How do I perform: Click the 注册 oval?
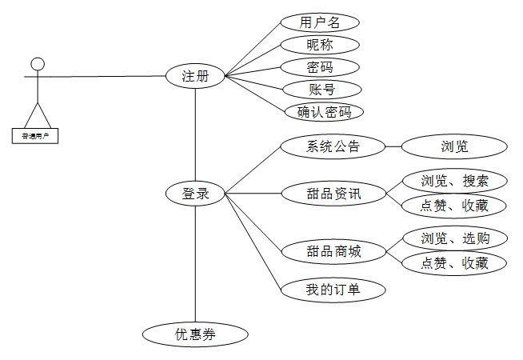[x=195, y=76]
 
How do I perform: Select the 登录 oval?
[x=195, y=193]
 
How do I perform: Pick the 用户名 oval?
[x=320, y=22]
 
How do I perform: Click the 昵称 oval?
[x=320, y=45]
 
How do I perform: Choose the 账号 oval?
[x=320, y=89]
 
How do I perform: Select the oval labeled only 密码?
[x=320, y=67]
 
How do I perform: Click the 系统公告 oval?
[x=333, y=146]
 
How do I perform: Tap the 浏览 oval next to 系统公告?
[x=454, y=146]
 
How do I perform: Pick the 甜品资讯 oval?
[x=333, y=193]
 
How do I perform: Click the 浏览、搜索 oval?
[x=454, y=180]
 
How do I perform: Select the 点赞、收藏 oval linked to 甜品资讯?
[x=454, y=205]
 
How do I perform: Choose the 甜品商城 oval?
[x=333, y=251]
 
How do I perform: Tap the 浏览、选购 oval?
[x=454, y=238]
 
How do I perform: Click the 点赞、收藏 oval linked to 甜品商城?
[x=454, y=262]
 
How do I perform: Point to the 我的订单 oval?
[x=333, y=289]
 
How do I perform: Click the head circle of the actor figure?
[x=37, y=64]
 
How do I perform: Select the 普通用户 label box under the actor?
[x=35, y=136]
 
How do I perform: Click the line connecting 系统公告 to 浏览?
[x=393, y=146]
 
